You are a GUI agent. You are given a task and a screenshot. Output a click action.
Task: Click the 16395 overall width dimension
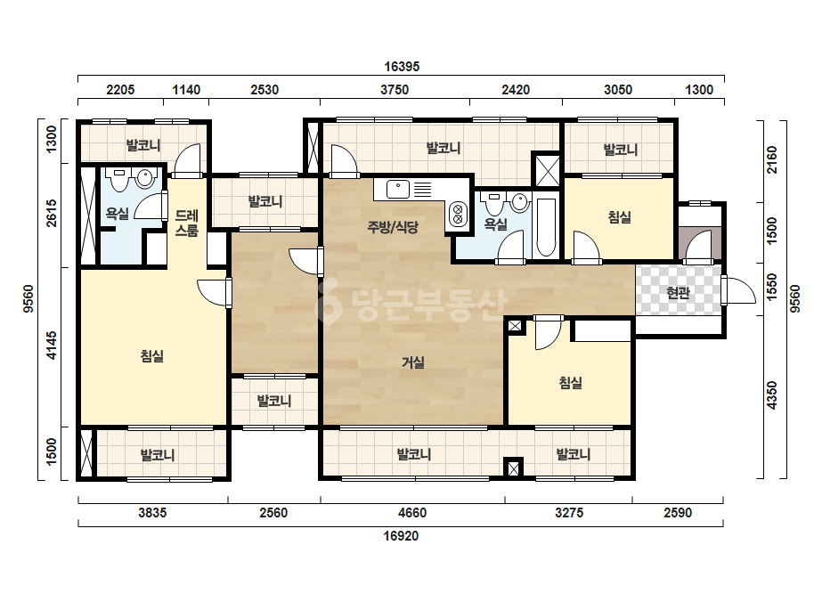[402, 67]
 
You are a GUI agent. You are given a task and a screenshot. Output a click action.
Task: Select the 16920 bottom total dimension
[401, 536]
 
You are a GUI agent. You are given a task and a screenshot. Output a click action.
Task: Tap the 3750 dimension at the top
[395, 90]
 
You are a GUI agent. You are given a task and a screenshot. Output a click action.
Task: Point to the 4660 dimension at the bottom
[412, 512]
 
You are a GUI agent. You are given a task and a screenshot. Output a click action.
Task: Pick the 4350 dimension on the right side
[771, 395]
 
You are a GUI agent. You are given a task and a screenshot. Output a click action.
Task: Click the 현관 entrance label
[678, 292]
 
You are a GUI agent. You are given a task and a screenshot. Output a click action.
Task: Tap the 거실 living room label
[413, 362]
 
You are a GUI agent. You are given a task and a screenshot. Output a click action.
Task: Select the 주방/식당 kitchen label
[393, 227]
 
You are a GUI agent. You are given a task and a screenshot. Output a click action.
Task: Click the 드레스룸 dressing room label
[187, 223]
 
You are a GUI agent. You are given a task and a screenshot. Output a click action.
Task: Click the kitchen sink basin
[398, 190]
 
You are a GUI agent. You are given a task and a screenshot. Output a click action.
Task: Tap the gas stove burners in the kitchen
[458, 215]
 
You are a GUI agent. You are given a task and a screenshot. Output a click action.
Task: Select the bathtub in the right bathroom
[546, 227]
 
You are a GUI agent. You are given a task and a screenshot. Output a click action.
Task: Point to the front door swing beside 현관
[739, 290]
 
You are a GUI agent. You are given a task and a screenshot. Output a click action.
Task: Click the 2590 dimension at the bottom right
[678, 512]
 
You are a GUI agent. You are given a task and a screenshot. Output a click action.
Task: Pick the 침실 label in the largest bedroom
[152, 356]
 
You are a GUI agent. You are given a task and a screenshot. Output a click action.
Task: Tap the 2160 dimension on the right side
[771, 160]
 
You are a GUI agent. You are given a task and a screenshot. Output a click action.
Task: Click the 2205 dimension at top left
[120, 90]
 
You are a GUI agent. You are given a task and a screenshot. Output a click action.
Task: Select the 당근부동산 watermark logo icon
[328, 303]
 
